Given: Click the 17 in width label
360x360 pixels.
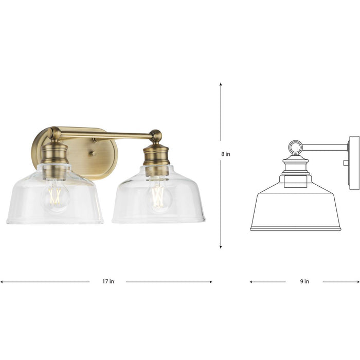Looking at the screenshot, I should (108, 281).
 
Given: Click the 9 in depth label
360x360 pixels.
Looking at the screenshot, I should (304, 281).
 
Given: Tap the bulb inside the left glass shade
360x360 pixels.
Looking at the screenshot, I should (55, 197).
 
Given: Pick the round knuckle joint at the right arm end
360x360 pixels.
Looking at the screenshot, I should (156, 136).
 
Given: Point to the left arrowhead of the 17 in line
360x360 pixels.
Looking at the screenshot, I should (2, 282).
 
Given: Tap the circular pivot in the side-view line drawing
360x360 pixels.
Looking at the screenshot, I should (295, 148).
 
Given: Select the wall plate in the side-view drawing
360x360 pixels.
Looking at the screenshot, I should (354, 163).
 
